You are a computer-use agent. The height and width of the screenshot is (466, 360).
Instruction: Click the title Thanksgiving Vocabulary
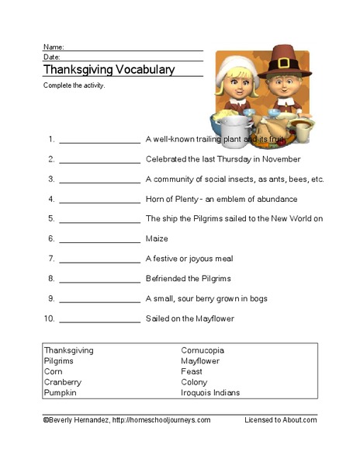109,70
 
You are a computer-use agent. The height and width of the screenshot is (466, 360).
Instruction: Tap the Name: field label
54,47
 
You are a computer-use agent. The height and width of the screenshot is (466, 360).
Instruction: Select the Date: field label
52,57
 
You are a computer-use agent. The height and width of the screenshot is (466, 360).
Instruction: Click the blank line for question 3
99,179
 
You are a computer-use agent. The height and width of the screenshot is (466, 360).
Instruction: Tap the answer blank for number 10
99,318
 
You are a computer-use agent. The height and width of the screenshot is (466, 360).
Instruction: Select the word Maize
157,238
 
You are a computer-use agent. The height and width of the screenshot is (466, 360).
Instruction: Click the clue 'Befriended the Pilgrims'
188,278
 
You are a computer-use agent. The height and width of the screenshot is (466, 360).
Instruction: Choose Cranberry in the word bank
63,382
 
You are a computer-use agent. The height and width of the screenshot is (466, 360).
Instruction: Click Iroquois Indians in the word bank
210,393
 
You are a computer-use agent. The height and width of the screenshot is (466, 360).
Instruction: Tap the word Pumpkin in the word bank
61,393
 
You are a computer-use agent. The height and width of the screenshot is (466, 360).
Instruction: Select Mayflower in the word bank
200,361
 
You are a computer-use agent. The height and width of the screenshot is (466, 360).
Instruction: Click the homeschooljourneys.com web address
161,419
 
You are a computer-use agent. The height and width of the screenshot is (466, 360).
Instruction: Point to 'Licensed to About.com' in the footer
280,419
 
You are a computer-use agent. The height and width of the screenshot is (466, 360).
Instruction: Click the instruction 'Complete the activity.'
74,85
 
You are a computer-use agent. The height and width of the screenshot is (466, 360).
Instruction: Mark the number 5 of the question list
51,219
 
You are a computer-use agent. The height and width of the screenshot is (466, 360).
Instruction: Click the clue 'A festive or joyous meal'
189,259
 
